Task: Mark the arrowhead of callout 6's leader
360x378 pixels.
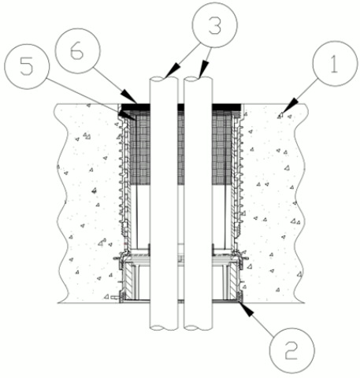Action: [x=129, y=97]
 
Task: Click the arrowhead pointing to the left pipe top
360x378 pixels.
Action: [x=173, y=71]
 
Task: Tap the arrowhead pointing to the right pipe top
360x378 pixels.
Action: [x=203, y=69]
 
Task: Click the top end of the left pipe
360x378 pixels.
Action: [x=163, y=79]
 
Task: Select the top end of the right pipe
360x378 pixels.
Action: [x=198, y=79]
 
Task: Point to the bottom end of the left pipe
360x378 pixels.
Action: [x=163, y=328]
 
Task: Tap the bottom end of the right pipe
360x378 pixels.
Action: [x=198, y=328]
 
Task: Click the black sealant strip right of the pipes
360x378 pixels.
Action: [x=226, y=107]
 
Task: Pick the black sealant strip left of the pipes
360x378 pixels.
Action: [x=135, y=107]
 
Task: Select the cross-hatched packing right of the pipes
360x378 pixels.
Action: [x=223, y=147]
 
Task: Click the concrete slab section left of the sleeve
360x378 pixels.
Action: [x=87, y=203]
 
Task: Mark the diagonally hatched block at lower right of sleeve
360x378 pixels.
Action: [x=233, y=281]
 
